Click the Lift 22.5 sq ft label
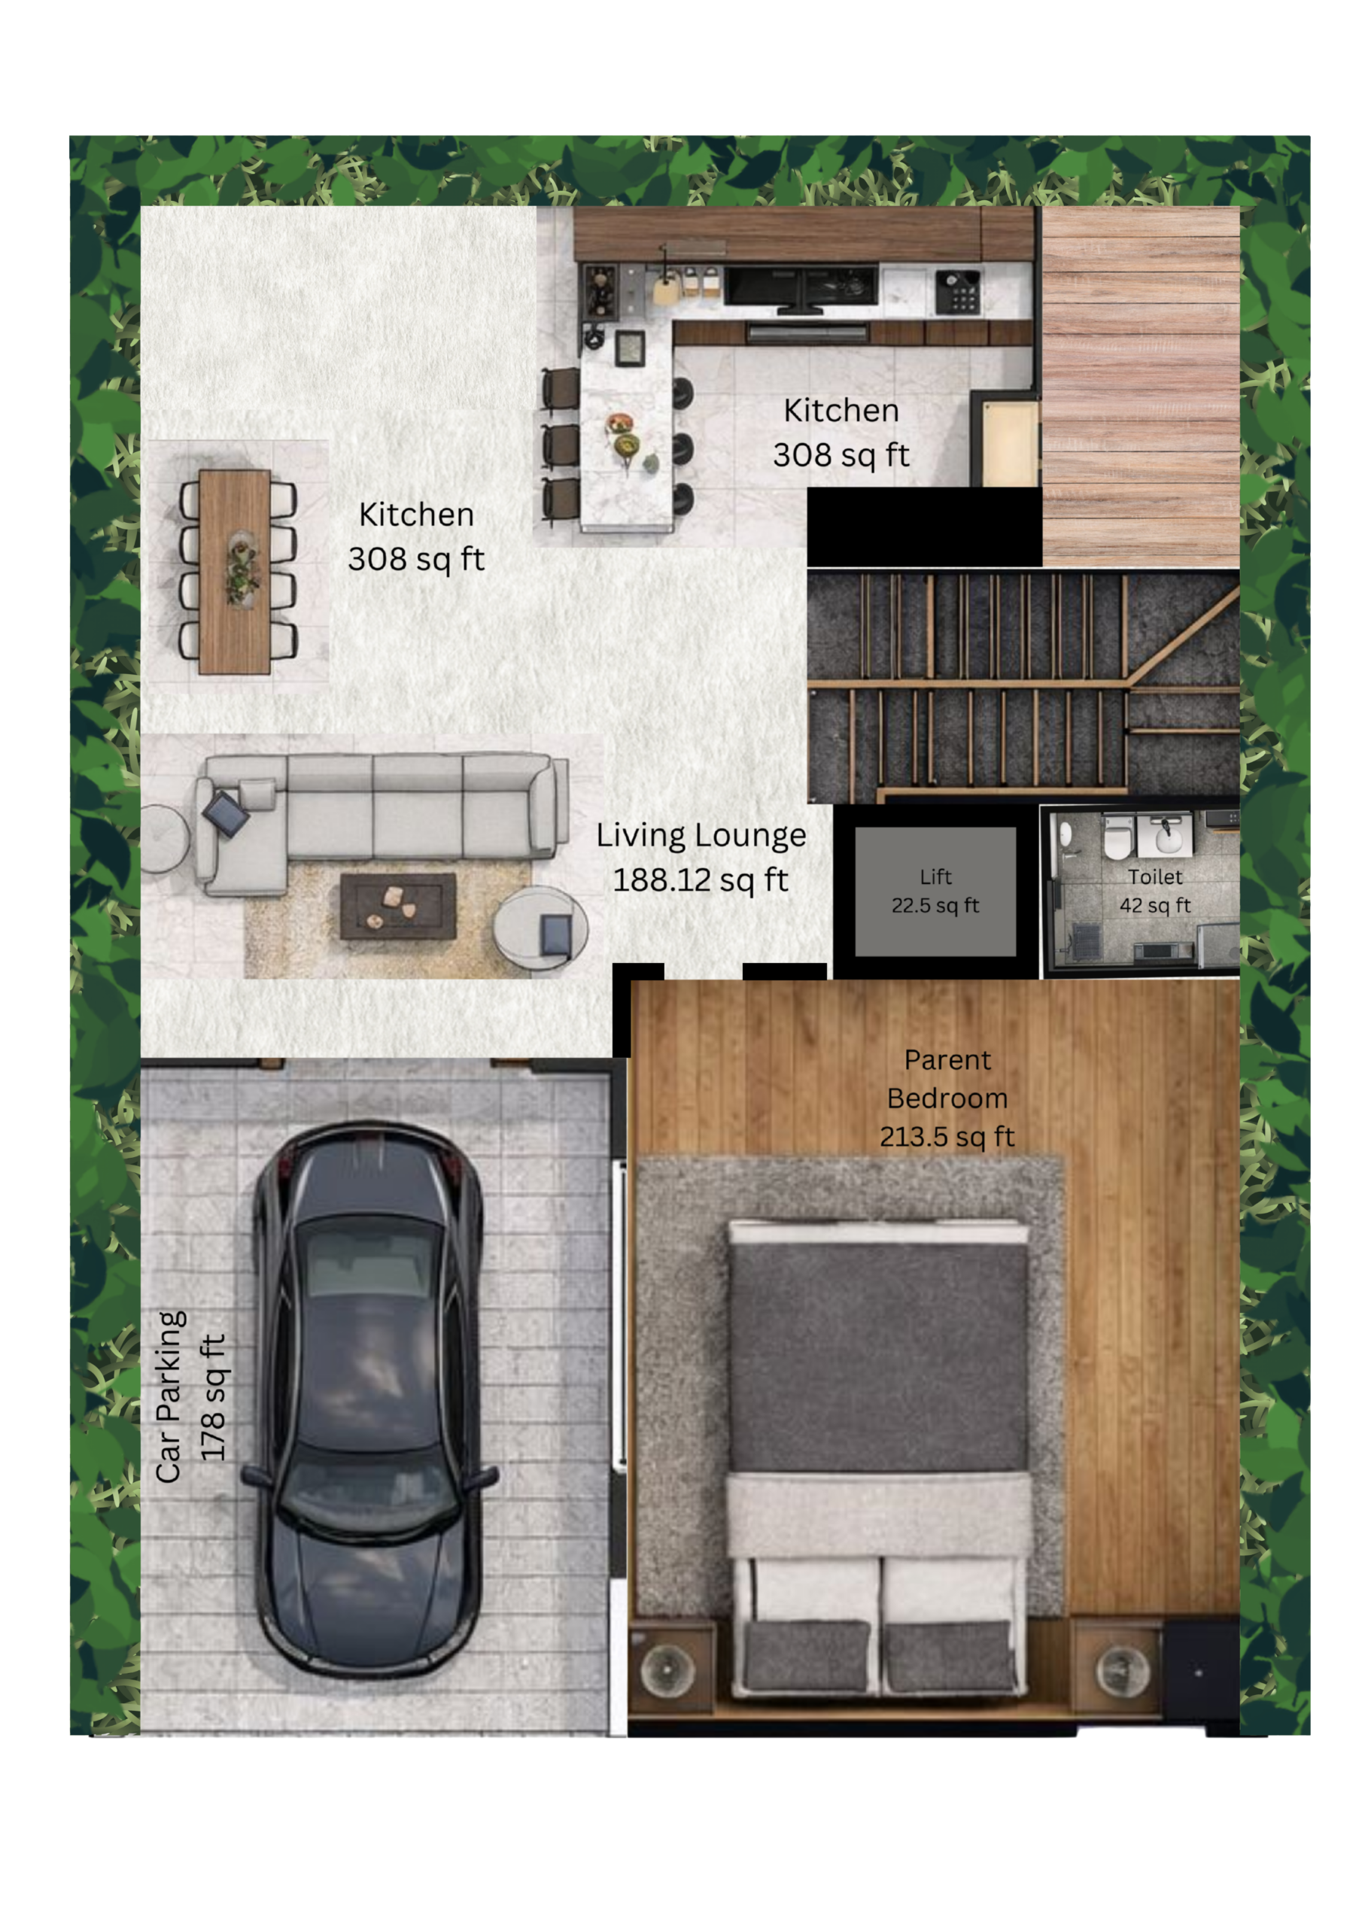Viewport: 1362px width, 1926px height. point(935,891)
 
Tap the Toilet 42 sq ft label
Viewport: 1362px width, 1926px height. point(1155,891)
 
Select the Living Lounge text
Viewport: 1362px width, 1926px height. point(701,836)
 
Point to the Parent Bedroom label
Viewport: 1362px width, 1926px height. point(947,1080)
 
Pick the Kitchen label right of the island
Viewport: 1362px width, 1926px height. point(841,411)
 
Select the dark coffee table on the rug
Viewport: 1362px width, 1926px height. point(398,906)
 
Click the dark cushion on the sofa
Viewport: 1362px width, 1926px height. point(226,813)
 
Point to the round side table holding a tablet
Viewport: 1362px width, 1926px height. point(540,929)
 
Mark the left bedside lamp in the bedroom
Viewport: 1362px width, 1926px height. point(667,1669)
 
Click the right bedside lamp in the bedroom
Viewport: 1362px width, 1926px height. point(1122,1669)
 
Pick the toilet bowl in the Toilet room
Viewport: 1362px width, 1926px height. point(1116,840)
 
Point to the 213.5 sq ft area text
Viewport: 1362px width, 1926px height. point(947,1137)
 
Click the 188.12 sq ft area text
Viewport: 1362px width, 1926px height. point(701,880)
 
